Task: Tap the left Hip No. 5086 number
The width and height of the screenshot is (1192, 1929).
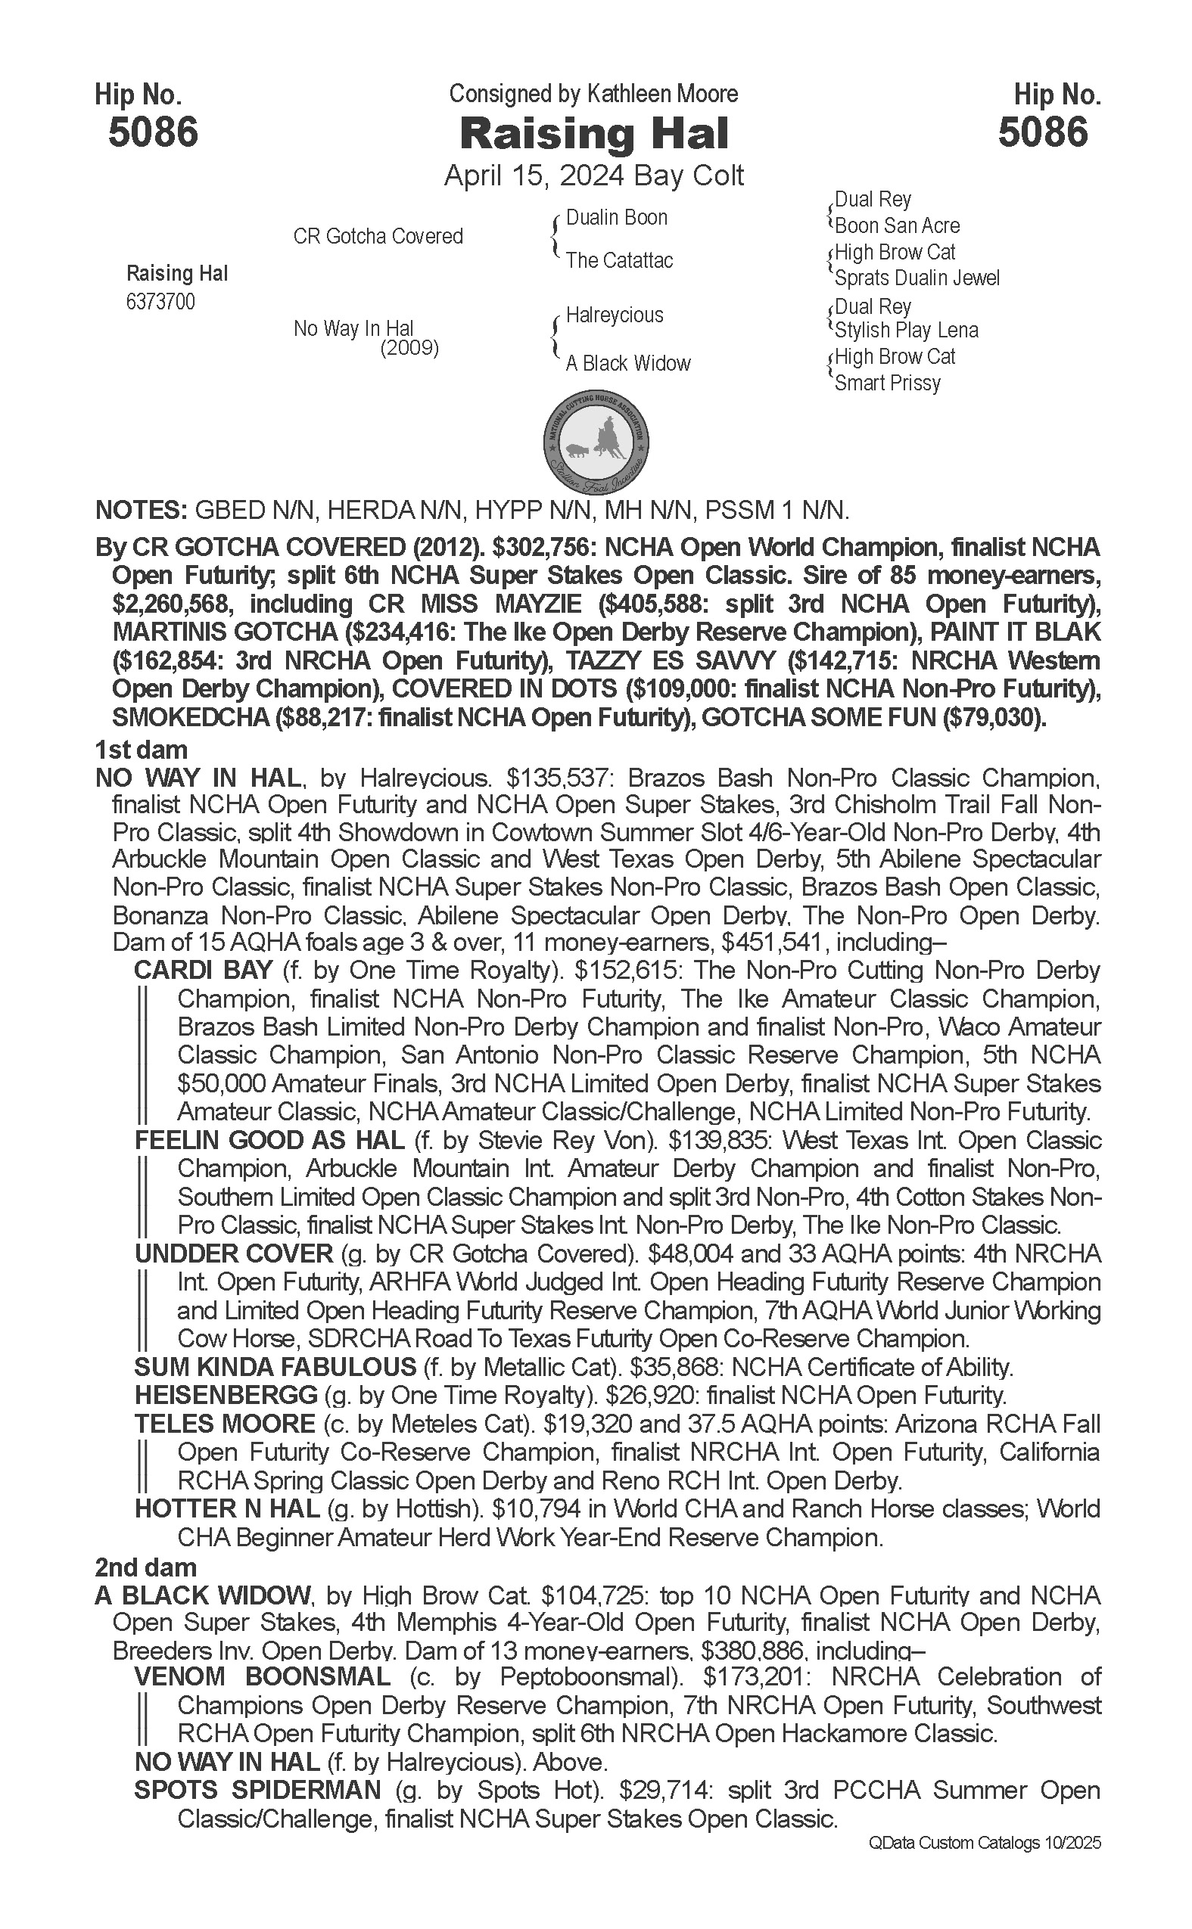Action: point(153,132)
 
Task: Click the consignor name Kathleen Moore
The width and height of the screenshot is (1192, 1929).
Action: point(662,94)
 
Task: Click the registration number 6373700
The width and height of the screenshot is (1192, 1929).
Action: point(160,303)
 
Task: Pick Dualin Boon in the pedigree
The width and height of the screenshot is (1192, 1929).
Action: point(617,218)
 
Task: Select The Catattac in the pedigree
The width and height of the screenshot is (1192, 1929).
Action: point(620,260)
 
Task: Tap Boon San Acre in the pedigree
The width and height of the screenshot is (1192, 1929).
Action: point(897,225)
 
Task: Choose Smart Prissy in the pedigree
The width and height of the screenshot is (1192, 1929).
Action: point(888,384)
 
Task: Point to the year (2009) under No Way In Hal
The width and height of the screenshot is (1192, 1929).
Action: point(409,347)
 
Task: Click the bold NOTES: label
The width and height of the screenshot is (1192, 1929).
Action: point(140,511)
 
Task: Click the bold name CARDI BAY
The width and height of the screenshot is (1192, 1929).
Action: point(204,970)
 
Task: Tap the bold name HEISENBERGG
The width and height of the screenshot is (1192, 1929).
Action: point(226,1396)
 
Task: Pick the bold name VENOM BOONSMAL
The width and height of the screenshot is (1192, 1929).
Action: point(262,1677)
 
